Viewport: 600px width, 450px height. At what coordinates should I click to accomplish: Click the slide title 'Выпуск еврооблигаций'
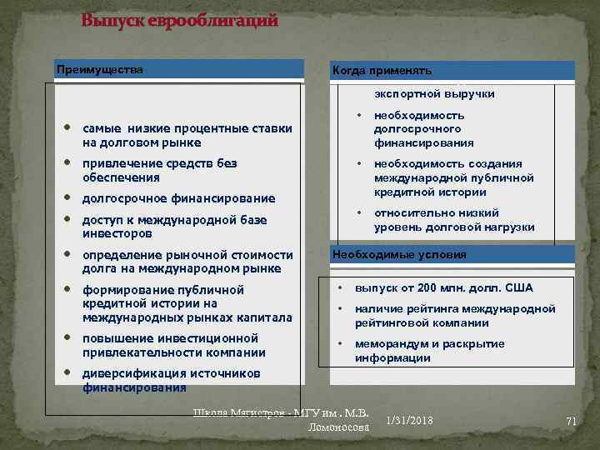(x=179, y=22)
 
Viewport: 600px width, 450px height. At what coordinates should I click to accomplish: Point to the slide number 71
(x=571, y=421)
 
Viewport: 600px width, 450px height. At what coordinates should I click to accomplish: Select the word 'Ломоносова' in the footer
(x=338, y=427)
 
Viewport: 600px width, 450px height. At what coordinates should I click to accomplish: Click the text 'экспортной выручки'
(x=434, y=94)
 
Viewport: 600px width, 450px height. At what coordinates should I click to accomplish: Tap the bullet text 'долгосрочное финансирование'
(x=178, y=198)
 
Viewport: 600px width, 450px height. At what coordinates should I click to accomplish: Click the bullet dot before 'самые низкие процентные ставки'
(x=66, y=129)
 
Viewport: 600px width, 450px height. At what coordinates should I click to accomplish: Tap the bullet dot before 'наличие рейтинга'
(x=340, y=309)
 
